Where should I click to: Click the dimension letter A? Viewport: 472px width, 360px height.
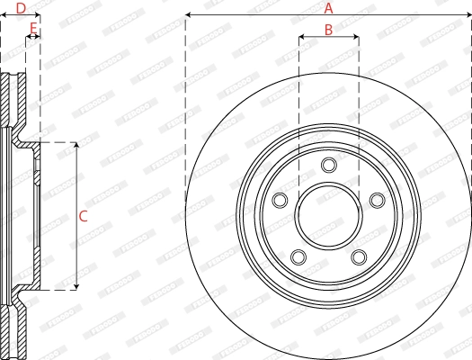pyautogui.click(x=328, y=8)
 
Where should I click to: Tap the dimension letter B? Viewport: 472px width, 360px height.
pyautogui.click(x=328, y=30)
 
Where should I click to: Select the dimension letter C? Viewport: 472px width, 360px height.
pyautogui.click(x=83, y=216)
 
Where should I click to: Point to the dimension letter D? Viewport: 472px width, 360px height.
pyautogui.click(x=21, y=8)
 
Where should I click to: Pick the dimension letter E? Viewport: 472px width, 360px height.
pyautogui.click(x=33, y=29)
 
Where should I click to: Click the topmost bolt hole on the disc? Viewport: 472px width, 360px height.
pyautogui.click(x=328, y=164)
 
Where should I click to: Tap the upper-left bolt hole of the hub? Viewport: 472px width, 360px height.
pyautogui.click(x=280, y=200)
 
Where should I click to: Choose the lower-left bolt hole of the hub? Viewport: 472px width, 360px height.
pyautogui.click(x=298, y=257)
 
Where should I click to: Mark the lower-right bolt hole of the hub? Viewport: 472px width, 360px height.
pyautogui.click(x=359, y=257)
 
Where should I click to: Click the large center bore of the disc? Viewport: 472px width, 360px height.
pyautogui.click(x=328, y=216)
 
